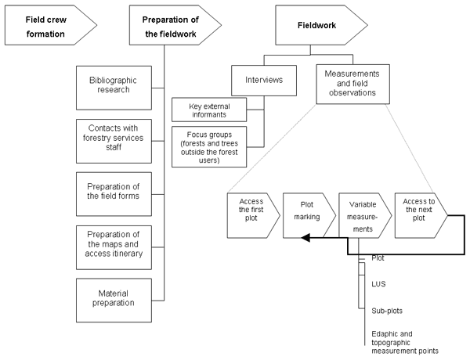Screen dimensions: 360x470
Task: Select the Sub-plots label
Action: pyautogui.click(x=385, y=310)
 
